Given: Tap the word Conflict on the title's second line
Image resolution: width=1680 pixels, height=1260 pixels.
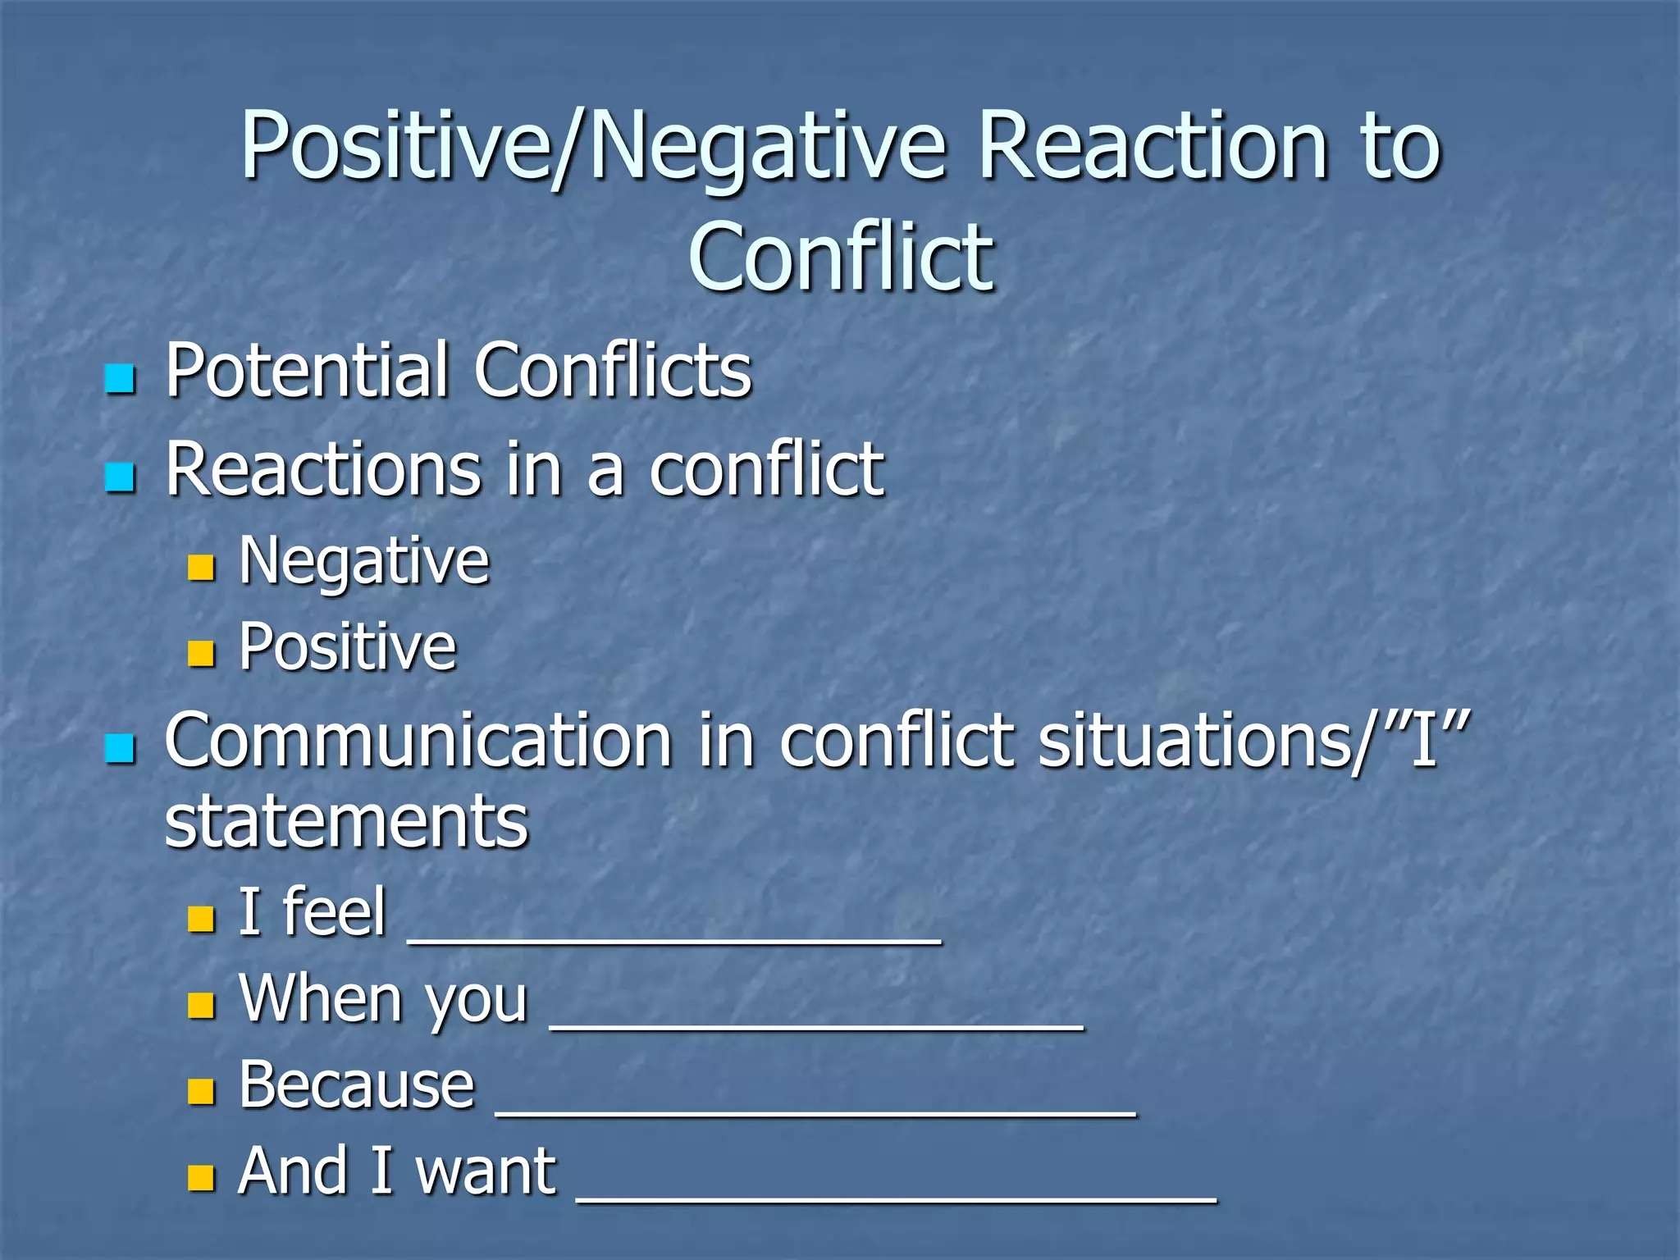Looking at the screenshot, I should coord(841,258).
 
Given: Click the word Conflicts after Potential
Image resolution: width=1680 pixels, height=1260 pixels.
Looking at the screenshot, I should coord(613,371).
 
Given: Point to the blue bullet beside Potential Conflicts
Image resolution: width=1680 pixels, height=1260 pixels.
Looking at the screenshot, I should coord(120,378).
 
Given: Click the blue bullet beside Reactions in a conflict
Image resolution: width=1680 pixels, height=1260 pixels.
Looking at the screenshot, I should coord(120,477).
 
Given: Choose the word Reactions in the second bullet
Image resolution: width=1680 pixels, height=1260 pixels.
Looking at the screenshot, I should coord(323,469).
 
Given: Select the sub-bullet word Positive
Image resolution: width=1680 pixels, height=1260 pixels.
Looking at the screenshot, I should coord(347,647).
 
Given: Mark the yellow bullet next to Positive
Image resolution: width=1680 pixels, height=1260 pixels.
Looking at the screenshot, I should coord(201,653).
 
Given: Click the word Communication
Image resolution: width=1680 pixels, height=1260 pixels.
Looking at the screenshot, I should coord(418,741).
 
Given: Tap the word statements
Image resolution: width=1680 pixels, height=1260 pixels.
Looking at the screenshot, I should coord(346,821).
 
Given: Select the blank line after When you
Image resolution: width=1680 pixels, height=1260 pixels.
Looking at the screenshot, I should coord(816,1027).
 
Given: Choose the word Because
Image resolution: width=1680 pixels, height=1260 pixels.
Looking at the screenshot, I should coord(357,1085).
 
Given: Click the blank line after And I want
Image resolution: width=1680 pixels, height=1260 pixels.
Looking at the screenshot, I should coord(897,1199).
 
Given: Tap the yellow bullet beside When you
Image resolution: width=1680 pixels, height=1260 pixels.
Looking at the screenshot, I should coord(201,1006).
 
